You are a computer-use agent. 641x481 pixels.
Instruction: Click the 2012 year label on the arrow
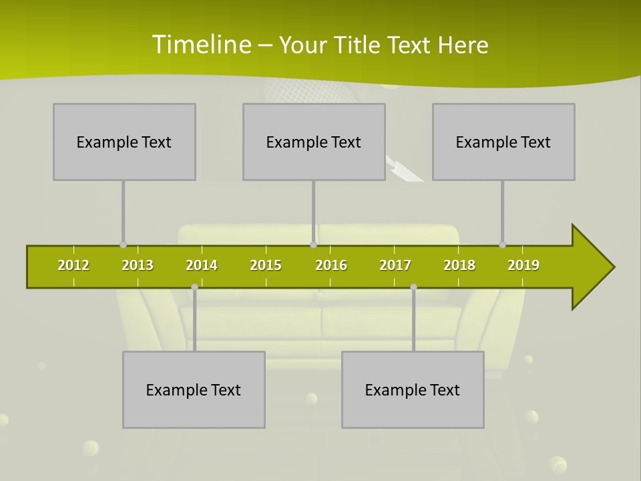point(73,265)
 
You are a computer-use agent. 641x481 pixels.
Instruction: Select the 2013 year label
point(138,265)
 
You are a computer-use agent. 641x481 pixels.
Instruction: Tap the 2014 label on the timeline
point(202,265)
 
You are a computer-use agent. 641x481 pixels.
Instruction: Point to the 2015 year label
point(266,265)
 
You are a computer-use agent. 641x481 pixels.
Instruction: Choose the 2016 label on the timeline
point(331,265)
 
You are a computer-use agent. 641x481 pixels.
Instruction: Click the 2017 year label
point(395,265)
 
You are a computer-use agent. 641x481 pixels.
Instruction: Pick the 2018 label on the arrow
point(459,265)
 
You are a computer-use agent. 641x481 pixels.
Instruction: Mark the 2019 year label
point(523,265)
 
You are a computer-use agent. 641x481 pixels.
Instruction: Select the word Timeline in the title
point(200,45)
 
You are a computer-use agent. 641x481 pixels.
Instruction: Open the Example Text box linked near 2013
point(124,142)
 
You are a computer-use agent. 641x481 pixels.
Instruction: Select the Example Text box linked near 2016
point(314,142)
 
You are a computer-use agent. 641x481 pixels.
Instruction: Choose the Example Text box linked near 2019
point(503,142)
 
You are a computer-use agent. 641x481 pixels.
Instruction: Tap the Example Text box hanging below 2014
point(194,389)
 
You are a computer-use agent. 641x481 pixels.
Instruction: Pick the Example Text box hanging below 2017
point(413,389)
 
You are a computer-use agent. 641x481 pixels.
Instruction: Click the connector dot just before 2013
point(123,245)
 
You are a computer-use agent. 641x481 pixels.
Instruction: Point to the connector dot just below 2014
point(194,287)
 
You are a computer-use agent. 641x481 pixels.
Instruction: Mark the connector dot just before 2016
point(313,245)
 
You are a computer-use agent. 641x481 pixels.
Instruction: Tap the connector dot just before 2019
point(502,245)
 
